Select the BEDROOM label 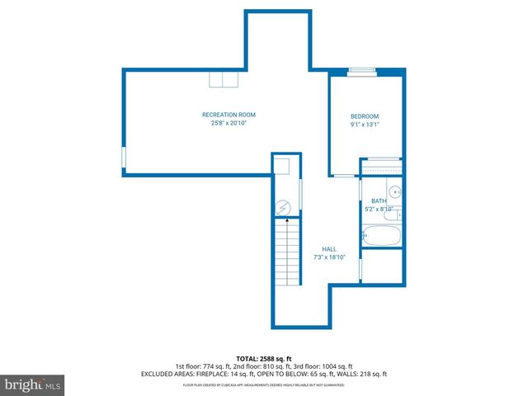[x=364, y=116]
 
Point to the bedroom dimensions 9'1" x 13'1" [x=364, y=125]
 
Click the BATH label [x=379, y=200]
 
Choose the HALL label [x=329, y=248]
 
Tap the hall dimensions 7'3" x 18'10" [x=329, y=257]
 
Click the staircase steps [x=285, y=248]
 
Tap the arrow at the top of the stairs [x=285, y=220]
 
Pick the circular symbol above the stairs [x=284, y=206]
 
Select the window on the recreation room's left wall [x=124, y=157]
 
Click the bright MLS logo [x=32, y=384]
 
